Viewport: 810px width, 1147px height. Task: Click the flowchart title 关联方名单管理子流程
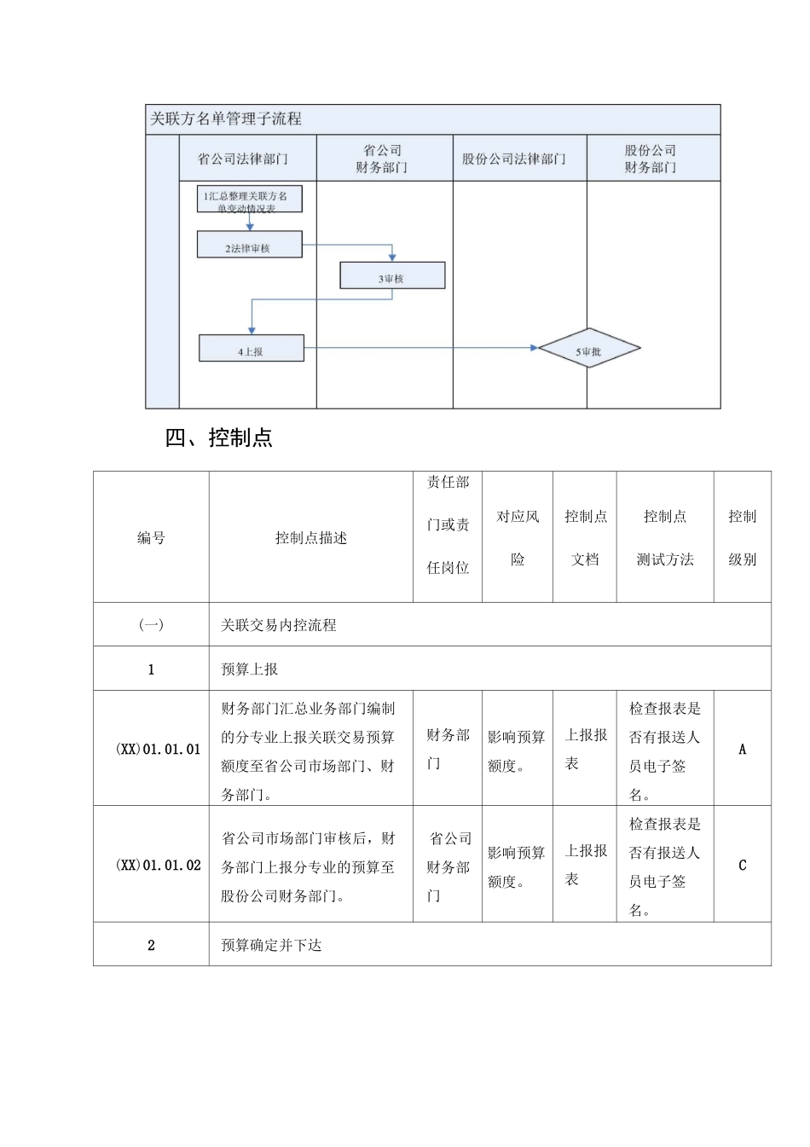click(x=226, y=119)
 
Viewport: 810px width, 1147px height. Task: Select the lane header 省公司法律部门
click(x=243, y=159)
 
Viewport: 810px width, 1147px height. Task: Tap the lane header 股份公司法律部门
click(x=513, y=159)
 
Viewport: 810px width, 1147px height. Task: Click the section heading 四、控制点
click(x=219, y=438)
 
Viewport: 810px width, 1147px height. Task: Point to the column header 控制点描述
click(x=310, y=538)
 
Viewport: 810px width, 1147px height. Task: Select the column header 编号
click(x=151, y=538)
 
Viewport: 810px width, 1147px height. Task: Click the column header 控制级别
click(x=742, y=538)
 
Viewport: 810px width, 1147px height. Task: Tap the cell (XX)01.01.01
click(x=158, y=750)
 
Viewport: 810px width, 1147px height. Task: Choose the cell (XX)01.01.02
click(x=158, y=866)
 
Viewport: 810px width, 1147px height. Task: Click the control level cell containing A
click(x=742, y=750)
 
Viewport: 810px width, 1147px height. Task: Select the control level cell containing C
click(x=742, y=866)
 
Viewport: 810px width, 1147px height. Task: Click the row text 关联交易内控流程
click(x=279, y=625)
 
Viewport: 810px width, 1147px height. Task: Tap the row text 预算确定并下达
click(x=271, y=945)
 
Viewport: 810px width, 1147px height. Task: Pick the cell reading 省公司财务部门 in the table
click(x=448, y=866)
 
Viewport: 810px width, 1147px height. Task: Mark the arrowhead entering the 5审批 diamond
click(x=535, y=348)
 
